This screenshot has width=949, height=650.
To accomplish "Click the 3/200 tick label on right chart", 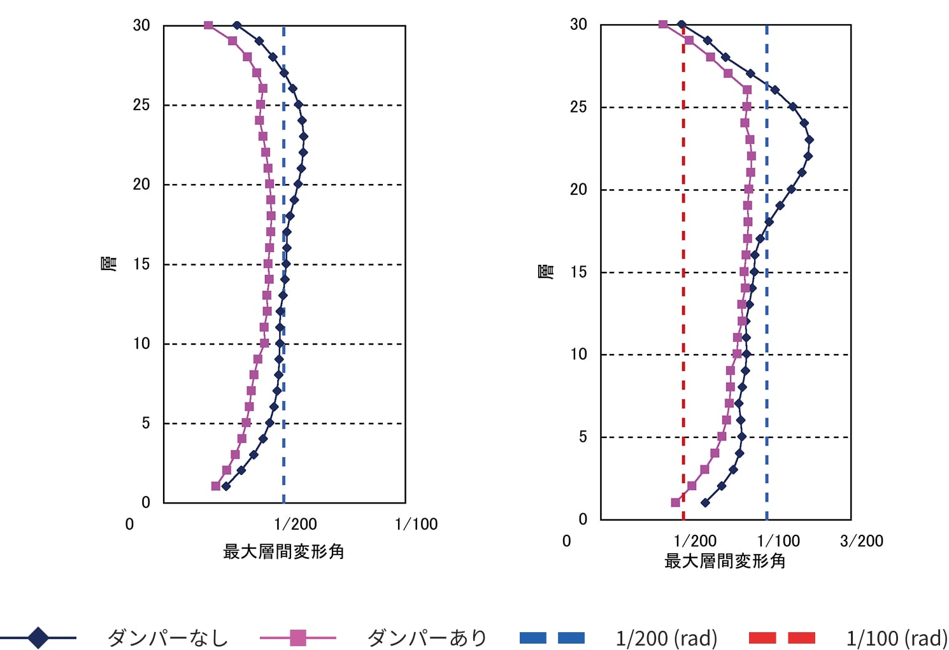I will (x=861, y=541).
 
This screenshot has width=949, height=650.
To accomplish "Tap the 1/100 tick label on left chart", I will (x=416, y=524).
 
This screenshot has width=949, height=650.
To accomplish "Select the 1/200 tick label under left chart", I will (x=296, y=524).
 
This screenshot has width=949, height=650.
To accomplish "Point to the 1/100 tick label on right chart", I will (x=778, y=541).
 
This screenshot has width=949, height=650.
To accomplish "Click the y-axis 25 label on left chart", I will (x=141, y=105).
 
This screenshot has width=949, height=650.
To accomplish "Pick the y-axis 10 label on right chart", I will (x=578, y=355).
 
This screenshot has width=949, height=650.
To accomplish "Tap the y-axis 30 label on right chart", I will (x=578, y=25).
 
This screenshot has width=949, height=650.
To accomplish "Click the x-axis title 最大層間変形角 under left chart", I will (x=283, y=551).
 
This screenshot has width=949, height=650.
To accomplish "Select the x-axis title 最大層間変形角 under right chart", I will (x=725, y=561).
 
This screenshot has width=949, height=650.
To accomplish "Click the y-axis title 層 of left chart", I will (x=110, y=263).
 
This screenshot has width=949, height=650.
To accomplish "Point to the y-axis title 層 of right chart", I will (x=546, y=271).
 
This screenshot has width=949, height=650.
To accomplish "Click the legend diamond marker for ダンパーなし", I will (x=38, y=637).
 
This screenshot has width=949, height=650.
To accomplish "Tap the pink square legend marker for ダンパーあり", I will (x=297, y=637).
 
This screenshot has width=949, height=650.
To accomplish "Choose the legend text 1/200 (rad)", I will (x=666, y=638).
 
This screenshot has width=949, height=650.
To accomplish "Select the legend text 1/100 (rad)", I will (x=897, y=638).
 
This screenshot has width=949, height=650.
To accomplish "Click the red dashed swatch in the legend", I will (x=782, y=638).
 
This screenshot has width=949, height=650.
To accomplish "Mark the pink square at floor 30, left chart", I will (x=208, y=25).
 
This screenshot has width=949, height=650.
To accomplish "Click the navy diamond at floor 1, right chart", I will (x=705, y=503).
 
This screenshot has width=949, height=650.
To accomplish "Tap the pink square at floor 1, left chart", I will (x=216, y=486).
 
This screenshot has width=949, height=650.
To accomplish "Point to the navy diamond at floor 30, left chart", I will (x=237, y=25).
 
